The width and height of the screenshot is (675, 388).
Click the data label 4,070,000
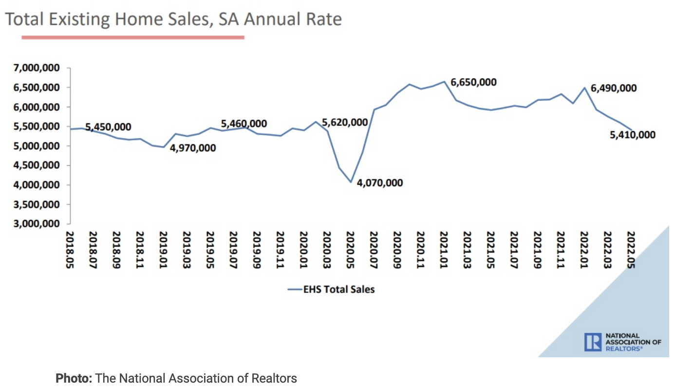[x=380, y=183]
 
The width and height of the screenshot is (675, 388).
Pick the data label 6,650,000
[x=473, y=82]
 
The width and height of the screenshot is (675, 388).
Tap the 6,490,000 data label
[x=614, y=88]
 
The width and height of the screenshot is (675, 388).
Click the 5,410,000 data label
[x=632, y=135]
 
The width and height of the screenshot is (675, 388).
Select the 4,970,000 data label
[x=193, y=148]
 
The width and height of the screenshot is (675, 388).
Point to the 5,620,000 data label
[x=345, y=122]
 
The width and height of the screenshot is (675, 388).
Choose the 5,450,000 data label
[x=108, y=127]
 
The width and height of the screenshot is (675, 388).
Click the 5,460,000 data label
[x=244, y=124]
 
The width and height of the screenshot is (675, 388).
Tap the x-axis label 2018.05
[x=69, y=249]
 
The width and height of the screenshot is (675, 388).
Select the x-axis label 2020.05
[x=350, y=249]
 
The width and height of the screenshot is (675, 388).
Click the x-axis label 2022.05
[x=630, y=249]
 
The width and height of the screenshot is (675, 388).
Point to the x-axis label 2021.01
[x=443, y=249]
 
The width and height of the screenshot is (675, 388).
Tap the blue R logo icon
[x=593, y=343]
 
